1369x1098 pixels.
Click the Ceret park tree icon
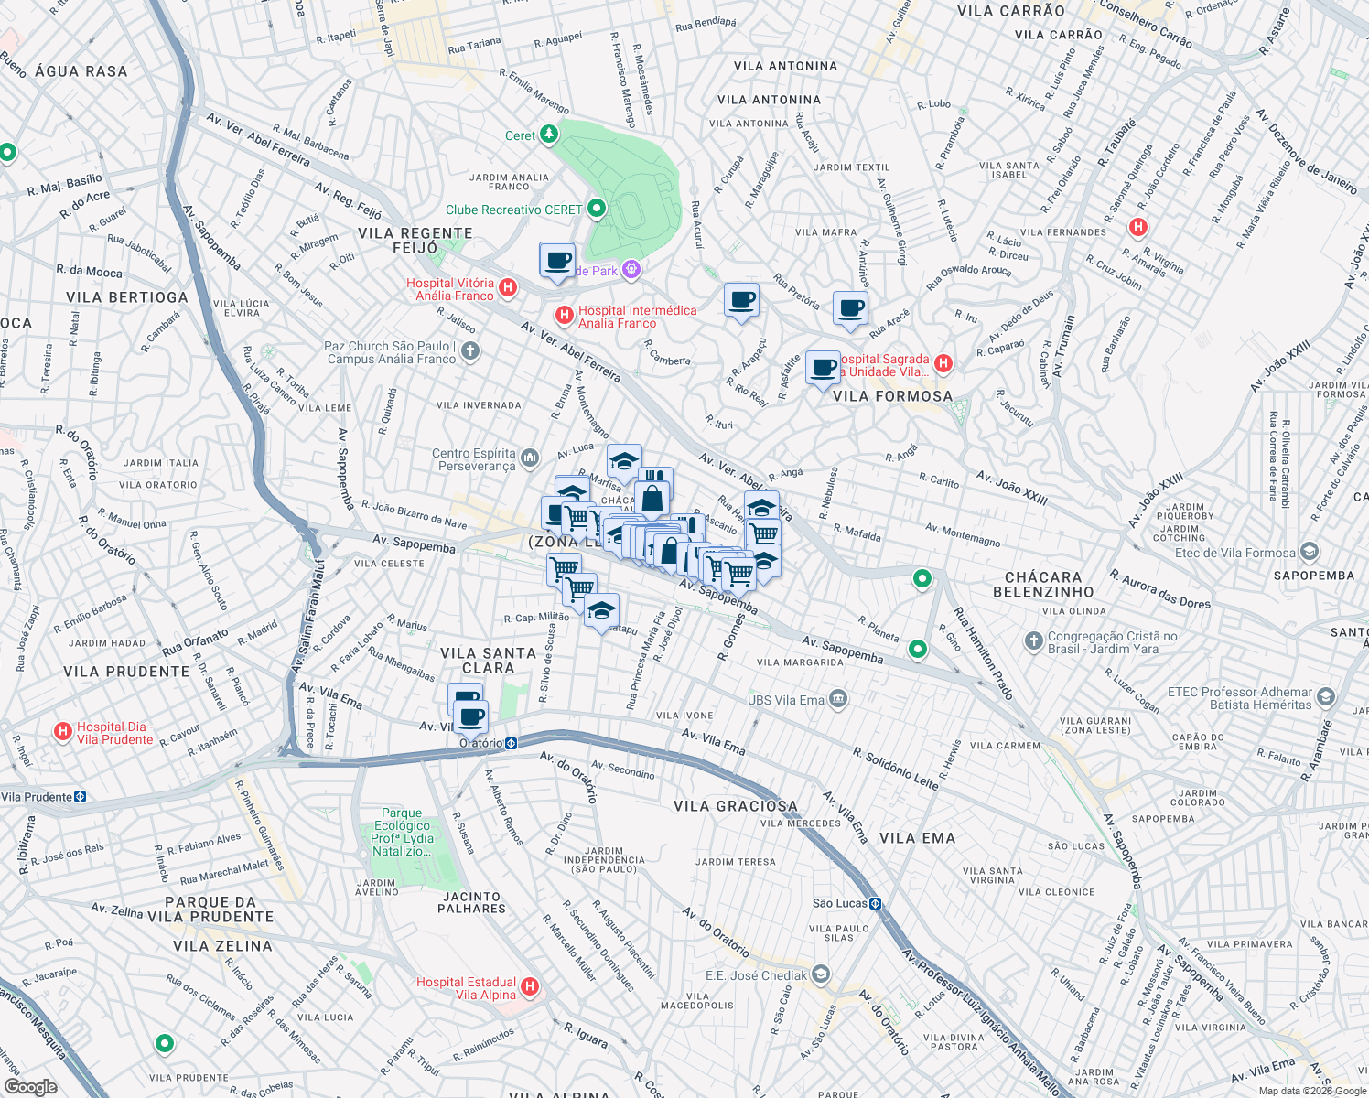click(548, 135)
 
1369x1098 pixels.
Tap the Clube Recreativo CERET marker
click(597, 210)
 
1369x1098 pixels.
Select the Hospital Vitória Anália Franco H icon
click(508, 288)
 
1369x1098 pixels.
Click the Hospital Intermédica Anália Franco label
click(637, 317)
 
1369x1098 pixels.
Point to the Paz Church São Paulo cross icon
click(469, 351)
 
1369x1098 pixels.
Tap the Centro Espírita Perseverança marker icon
click(530, 457)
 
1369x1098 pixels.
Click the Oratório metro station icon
click(512, 743)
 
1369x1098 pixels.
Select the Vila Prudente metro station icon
click(81, 797)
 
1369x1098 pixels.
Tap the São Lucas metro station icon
click(876, 903)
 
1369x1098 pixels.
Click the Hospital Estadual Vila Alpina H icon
click(530, 987)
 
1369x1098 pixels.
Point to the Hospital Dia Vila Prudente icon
click(63, 732)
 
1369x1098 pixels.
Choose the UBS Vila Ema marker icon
click(837, 700)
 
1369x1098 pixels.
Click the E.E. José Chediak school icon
click(820, 974)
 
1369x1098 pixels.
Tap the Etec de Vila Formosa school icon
click(1310, 552)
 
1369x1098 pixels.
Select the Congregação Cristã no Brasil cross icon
click(1033, 641)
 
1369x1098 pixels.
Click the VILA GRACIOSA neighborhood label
click(736, 806)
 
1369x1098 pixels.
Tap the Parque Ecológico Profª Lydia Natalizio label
click(403, 832)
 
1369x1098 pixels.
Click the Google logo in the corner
click(30, 1087)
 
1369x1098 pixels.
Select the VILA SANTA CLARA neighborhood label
click(488, 660)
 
